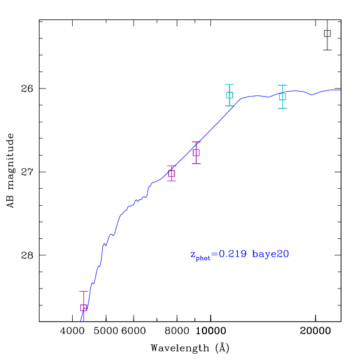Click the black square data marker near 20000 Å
pyautogui.click(x=327, y=33)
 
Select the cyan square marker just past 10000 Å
pyautogui.click(x=230, y=95)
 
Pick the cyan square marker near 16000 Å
pyautogui.click(x=282, y=97)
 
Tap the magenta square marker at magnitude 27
pyautogui.click(x=171, y=173)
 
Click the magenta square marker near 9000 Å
pyautogui.click(x=196, y=152)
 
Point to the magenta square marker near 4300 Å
pyautogui.click(x=83, y=308)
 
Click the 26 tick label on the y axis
pyautogui.click(x=27, y=88)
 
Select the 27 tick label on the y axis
pyautogui.click(x=27, y=172)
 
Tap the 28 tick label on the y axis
pyautogui.click(x=27, y=255)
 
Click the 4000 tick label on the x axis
pyautogui.click(x=73, y=331)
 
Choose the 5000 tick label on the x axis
pyautogui.click(x=106, y=331)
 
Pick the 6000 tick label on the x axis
pyautogui.click(x=134, y=331)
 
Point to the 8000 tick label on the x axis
pyautogui.click(x=177, y=331)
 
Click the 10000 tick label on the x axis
pyautogui.click(x=211, y=331)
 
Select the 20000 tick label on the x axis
pyautogui.click(x=315, y=331)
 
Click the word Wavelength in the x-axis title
pyautogui.click(x=180, y=348)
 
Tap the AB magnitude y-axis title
pyautogui.click(x=10, y=171)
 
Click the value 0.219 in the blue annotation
pyautogui.click(x=233, y=254)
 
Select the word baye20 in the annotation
pyautogui.click(x=270, y=255)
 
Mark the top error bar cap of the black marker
pyautogui.click(x=327, y=20)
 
